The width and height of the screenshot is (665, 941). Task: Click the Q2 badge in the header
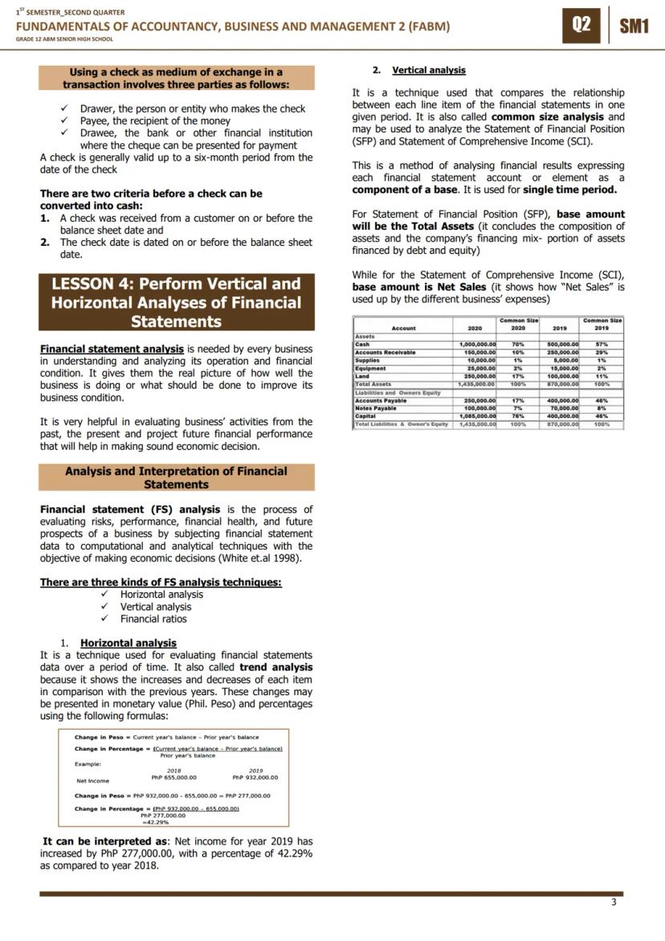[581, 25]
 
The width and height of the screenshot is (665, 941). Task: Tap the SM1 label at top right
[634, 26]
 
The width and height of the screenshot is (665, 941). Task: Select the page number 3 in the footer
[614, 902]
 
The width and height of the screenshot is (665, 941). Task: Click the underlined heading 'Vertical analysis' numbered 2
[429, 70]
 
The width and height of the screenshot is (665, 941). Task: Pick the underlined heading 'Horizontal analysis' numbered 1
[129, 643]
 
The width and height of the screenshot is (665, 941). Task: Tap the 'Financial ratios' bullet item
[153, 619]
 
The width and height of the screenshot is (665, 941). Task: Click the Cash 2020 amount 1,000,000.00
[477, 344]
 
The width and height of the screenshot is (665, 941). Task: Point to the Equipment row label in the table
[370, 368]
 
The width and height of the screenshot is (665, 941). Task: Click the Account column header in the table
[403, 328]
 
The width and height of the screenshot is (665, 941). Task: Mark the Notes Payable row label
[376, 408]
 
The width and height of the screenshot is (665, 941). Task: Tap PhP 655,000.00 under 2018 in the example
[174, 777]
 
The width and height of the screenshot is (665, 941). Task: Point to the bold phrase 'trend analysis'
[276, 667]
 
